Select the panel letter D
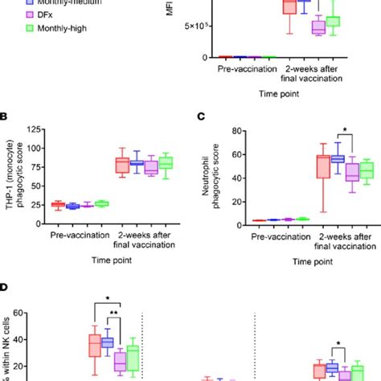(x=5, y=286)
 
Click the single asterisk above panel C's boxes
(x=322, y=132)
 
